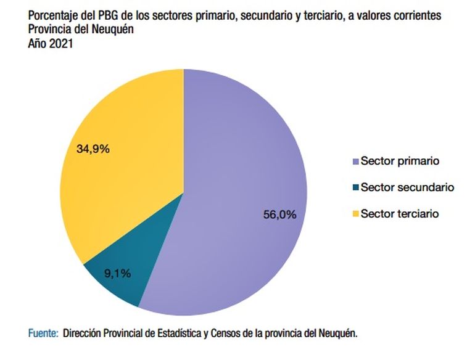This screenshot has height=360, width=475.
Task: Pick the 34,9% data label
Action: point(93,149)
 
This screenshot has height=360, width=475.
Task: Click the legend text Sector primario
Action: point(399,161)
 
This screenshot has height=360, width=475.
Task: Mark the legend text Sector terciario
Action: point(399,213)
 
